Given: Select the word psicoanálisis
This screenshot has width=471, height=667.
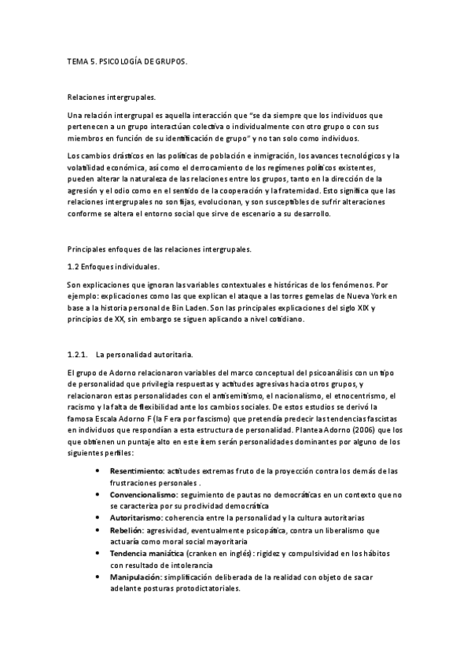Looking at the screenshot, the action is (321, 371).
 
